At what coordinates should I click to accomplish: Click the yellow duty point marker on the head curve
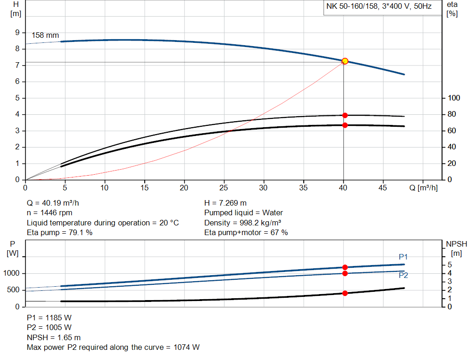point(345,61)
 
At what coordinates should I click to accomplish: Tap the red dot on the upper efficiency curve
point(345,115)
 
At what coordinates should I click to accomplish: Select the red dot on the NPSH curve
point(345,293)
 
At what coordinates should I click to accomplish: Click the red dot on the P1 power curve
point(345,267)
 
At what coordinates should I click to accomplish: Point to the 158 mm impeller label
point(45,35)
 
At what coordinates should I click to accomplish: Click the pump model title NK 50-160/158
point(379,7)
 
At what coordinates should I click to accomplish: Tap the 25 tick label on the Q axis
point(224,188)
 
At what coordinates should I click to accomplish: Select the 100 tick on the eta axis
point(454,98)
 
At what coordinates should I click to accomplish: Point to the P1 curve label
point(403,257)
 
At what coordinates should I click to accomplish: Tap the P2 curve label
point(403,276)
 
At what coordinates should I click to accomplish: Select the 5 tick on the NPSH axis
point(449,265)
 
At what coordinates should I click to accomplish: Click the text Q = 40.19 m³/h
point(56,203)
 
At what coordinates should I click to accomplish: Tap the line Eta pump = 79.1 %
point(60,233)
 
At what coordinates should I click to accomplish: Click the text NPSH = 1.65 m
point(54,337)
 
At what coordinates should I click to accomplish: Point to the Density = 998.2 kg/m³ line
point(243,223)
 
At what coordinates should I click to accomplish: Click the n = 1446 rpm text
point(50,213)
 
